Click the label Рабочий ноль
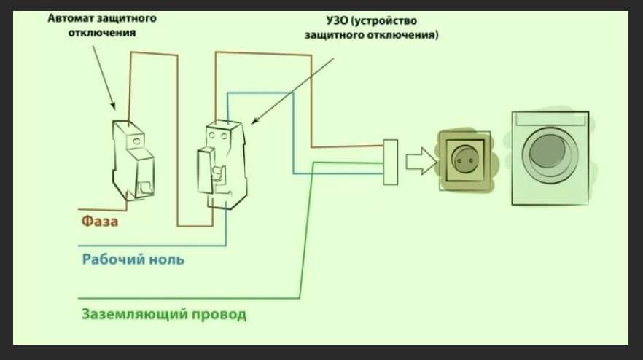pos(132,259)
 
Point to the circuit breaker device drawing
pos(133,158)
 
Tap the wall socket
pos(464,161)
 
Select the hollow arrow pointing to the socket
pos(419,161)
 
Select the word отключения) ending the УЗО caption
pos(407,34)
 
